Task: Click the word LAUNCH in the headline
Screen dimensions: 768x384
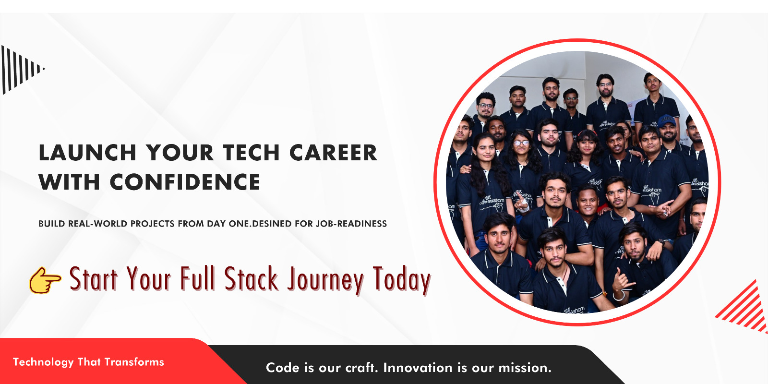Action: tap(88, 153)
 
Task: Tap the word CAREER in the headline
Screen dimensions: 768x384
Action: tap(333, 153)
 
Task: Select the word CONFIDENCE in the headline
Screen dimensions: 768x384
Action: tap(185, 182)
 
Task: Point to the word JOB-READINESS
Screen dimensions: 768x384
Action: tap(351, 224)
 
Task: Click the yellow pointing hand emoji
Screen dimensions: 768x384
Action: tap(45, 280)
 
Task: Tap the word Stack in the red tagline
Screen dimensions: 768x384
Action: tap(252, 279)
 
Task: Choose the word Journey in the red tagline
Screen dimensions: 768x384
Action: tap(325, 280)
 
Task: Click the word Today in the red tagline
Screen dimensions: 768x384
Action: tap(401, 280)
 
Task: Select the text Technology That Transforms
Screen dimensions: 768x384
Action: tap(88, 362)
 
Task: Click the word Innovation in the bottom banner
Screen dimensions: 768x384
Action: tap(418, 368)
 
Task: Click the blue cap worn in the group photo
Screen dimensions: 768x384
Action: tap(667, 120)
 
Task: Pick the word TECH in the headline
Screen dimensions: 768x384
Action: tap(252, 153)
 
